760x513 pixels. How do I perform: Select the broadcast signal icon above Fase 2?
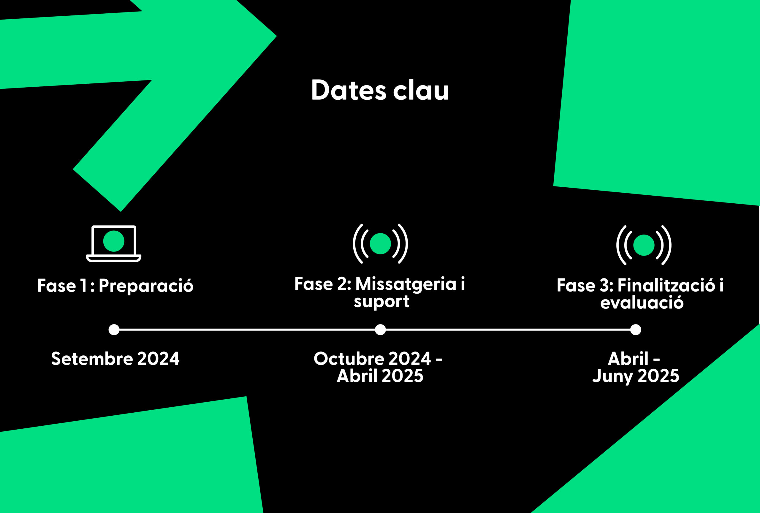point(380,243)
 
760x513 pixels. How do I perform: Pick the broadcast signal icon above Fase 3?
point(644,245)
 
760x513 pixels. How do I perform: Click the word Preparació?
point(146,286)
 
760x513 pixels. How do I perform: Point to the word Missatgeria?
point(406,284)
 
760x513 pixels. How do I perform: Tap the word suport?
point(381,301)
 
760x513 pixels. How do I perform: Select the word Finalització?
point(666,285)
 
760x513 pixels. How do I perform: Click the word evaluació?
point(642,303)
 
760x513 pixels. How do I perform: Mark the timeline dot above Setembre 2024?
point(114,330)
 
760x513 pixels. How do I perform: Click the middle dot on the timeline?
point(380,330)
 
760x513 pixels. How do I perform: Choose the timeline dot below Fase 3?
point(636,330)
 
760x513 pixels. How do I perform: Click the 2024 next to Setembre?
point(158,359)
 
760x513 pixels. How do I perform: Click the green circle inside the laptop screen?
point(114,241)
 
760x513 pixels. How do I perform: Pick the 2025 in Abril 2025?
point(403,376)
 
